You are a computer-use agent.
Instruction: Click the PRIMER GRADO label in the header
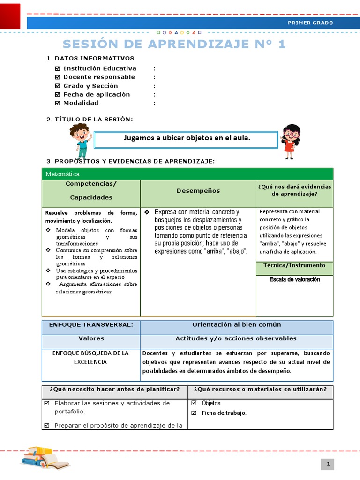click(310, 22)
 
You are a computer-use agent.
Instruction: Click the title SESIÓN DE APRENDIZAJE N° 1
click(174, 44)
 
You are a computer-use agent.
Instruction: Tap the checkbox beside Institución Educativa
click(58, 68)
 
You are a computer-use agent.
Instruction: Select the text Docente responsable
click(99, 77)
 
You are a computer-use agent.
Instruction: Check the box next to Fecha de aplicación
click(58, 94)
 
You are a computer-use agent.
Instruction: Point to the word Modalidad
click(81, 103)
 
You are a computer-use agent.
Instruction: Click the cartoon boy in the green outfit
click(80, 140)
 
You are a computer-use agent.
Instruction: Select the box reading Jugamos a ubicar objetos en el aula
click(186, 138)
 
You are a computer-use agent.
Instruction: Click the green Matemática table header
click(187, 174)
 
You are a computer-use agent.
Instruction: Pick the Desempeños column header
click(198, 191)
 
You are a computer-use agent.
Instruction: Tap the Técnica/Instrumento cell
click(294, 265)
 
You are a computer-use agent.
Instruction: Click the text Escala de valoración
click(294, 279)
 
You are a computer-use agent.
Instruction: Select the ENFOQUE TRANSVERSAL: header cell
click(91, 325)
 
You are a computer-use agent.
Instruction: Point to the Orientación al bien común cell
click(236, 325)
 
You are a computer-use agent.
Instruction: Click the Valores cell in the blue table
click(91, 338)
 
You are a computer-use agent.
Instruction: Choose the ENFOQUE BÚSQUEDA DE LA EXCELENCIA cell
click(91, 358)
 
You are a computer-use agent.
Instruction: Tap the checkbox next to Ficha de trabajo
click(194, 413)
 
